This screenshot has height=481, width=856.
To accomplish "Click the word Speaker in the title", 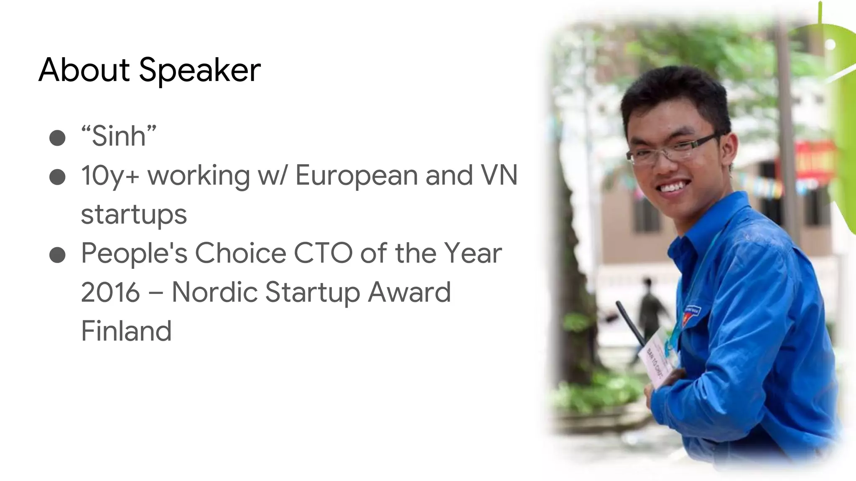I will point(200,70).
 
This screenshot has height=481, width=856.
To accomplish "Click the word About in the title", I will point(84,69).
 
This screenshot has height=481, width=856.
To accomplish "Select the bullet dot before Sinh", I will point(57,138).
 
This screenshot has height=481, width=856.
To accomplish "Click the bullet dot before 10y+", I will point(57,177).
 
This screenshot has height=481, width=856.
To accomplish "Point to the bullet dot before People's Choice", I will point(57,255).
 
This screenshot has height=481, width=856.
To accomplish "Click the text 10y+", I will point(110,175).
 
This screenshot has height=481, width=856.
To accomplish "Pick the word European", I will point(356,175).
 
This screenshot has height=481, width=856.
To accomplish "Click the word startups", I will point(134,215).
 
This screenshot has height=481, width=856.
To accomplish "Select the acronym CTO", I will point(323,253).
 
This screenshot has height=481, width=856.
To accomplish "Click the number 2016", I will point(110,292).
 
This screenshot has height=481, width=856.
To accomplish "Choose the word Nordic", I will point(214,292).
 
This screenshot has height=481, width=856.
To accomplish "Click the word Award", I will point(410,292).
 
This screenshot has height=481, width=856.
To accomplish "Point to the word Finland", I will point(126,331).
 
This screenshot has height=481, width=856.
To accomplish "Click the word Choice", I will point(240,253).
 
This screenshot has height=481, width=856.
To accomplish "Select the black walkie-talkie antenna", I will point(629,323).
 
